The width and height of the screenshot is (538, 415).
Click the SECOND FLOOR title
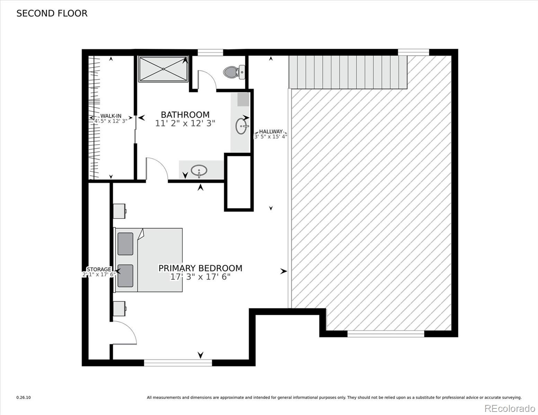(x=52, y=13)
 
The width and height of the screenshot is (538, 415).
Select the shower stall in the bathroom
(x=163, y=70)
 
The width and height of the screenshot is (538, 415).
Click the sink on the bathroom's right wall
(x=241, y=126)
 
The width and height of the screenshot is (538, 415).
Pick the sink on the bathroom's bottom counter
(x=199, y=170)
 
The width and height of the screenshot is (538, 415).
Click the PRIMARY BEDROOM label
(x=200, y=268)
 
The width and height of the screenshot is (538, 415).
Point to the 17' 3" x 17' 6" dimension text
(x=200, y=277)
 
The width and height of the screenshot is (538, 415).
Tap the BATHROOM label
(x=185, y=114)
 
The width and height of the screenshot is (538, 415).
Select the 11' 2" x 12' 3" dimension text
(x=185, y=123)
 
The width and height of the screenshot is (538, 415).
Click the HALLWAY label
(x=271, y=131)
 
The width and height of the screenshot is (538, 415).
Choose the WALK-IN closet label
(x=111, y=116)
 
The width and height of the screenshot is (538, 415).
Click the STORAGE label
(x=99, y=269)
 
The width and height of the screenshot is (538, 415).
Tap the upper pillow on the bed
(x=125, y=244)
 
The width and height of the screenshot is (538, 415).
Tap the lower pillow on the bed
(x=125, y=276)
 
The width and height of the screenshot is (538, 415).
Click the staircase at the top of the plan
(x=348, y=72)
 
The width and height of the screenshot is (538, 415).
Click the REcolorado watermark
(x=509, y=408)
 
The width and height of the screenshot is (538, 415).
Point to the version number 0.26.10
(x=24, y=398)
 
